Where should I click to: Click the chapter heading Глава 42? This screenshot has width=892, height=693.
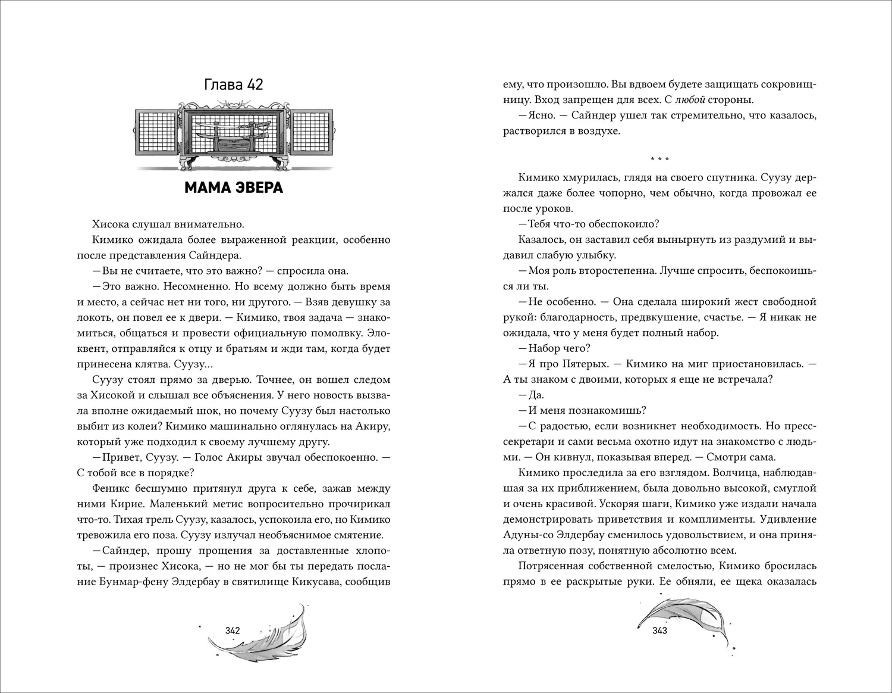tap(233, 85)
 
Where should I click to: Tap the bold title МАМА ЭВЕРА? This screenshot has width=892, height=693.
tap(233, 188)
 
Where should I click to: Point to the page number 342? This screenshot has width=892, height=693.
tap(233, 630)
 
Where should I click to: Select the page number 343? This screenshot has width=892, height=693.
tap(659, 630)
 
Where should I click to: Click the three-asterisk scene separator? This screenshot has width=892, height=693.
tap(659, 160)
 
